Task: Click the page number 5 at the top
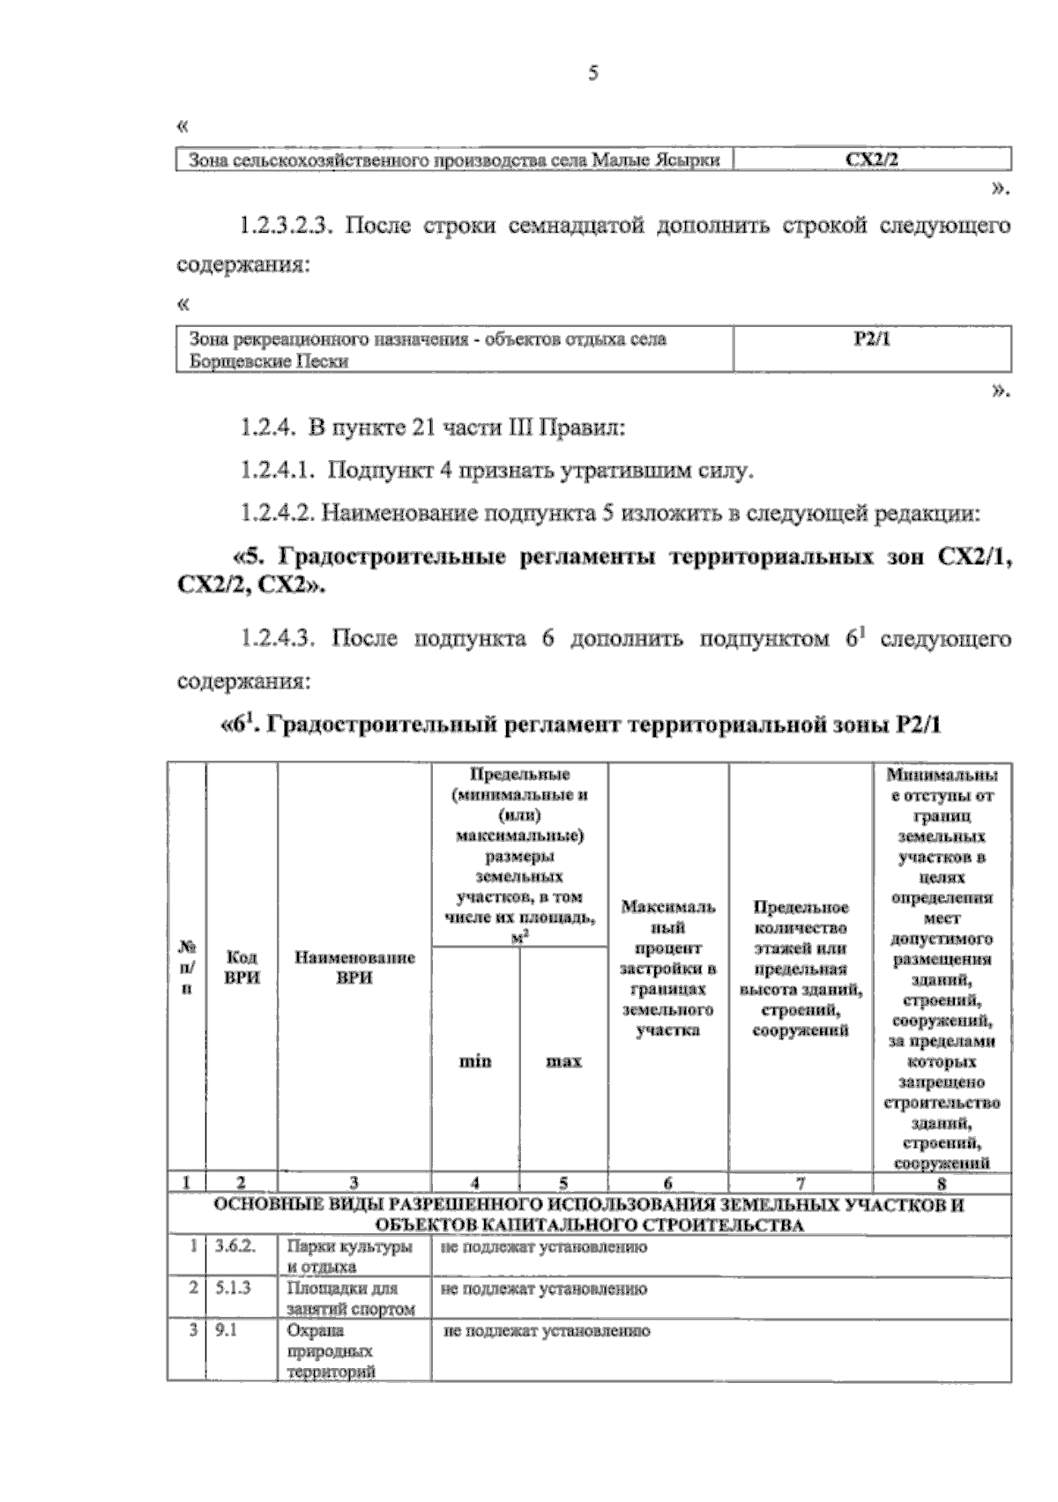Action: pyautogui.click(x=592, y=75)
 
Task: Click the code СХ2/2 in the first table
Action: pyautogui.click(x=871, y=160)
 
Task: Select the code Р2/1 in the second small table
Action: pyautogui.click(x=872, y=339)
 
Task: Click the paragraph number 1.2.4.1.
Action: pyautogui.click(x=278, y=470)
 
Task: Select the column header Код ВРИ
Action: pyautogui.click(x=242, y=967)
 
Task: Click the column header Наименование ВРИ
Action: pyautogui.click(x=354, y=967)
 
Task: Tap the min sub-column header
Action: pyautogui.click(x=475, y=1060)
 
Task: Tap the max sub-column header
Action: pyautogui.click(x=564, y=1060)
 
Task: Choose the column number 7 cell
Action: pyautogui.click(x=801, y=1182)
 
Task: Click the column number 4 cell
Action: pyautogui.click(x=475, y=1182)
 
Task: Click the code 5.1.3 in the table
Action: pyautogui.click(x=234, y=1289)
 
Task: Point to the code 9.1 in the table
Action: pyautogui.click(x=227, y=1330)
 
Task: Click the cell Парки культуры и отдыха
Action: pyautogui.click(x=350, y=1258)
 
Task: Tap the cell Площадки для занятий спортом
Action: pyautogui.click(x=350, y=1298)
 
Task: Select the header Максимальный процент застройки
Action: pyautogui.click(x=668, y=968)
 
